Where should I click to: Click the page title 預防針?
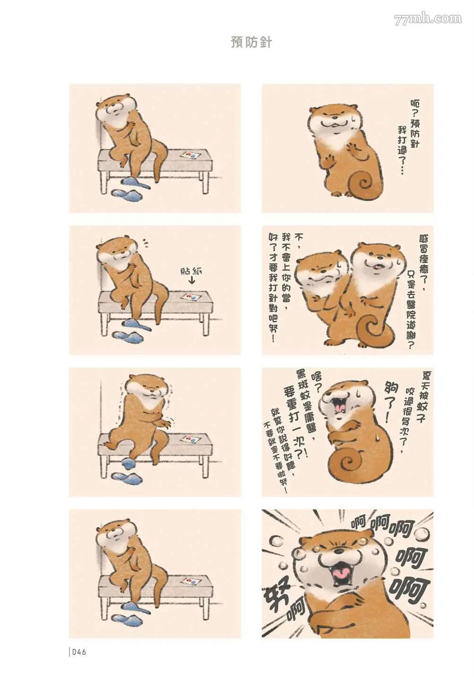coord(251,43)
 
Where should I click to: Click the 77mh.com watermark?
coord(428,19)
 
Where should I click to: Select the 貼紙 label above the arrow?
coord(190,271)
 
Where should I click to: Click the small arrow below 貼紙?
coord(191,281)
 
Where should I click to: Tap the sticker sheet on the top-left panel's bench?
coord(189,155)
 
